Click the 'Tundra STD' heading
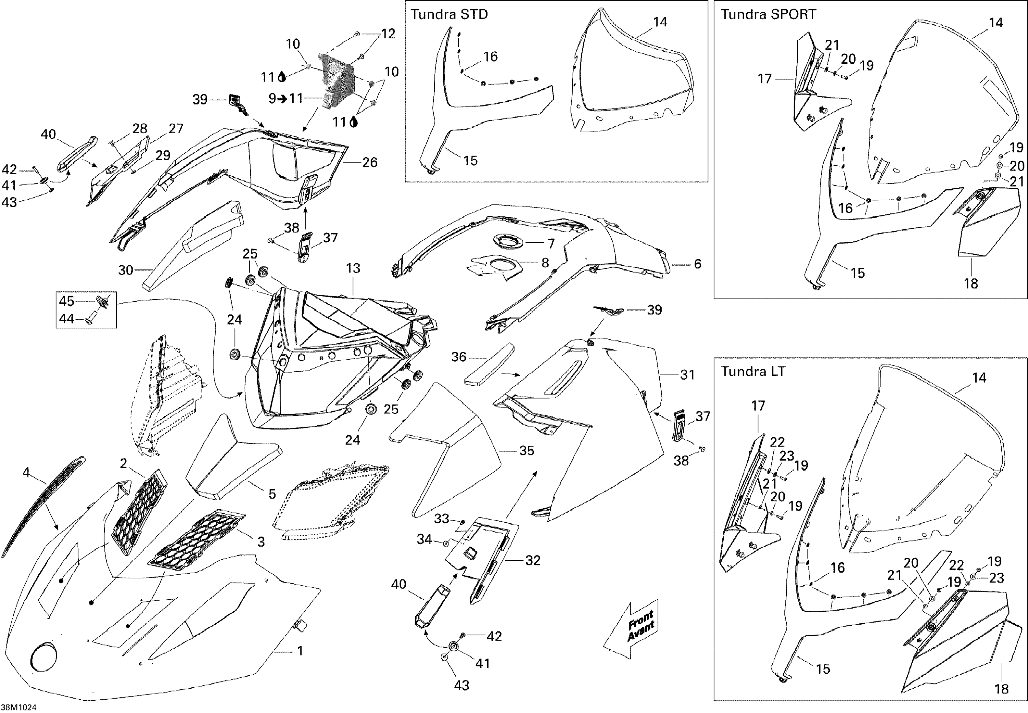pos(449,15)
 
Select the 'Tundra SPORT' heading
pos(768,15)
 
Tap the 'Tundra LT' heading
pos(753,371)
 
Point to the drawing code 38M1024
pos(19,707)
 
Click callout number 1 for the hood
pos(301,651)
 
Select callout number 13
pos(353,268)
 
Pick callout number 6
pos(697,264)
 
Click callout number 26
pos(370,162)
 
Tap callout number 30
pos(126,270)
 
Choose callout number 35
pos(527,451)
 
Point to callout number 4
pos(26,472)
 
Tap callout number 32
pos(533,560)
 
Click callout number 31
pos(687,374)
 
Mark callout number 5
pos(272,494)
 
